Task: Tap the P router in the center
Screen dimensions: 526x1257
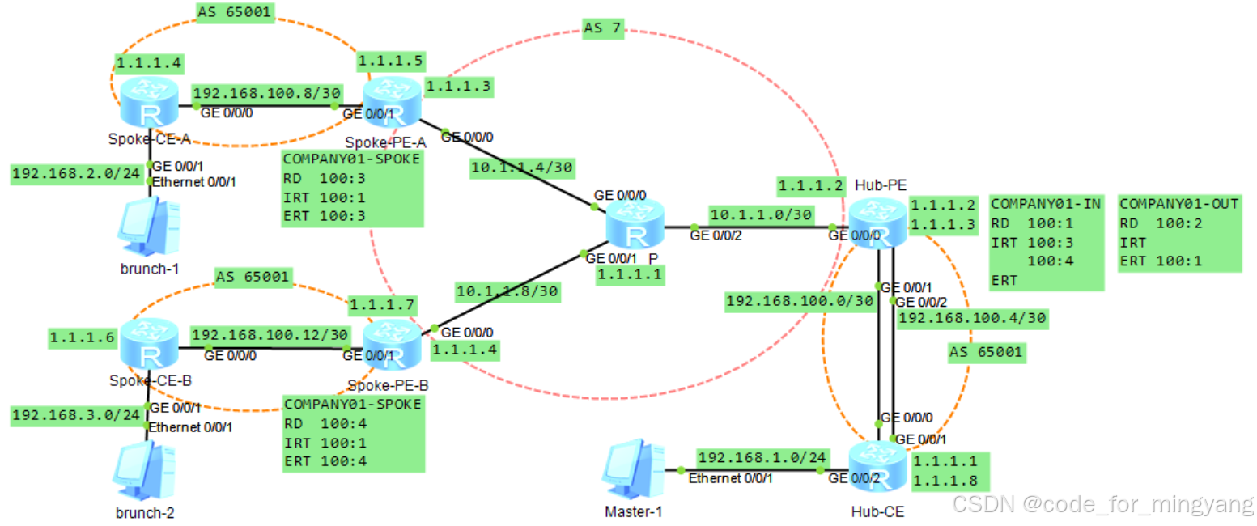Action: point(635,227)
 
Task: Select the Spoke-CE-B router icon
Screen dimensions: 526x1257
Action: point(148,346)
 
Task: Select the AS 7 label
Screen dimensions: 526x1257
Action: point(602,28)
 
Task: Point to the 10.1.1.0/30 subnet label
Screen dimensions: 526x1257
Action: point(761,215)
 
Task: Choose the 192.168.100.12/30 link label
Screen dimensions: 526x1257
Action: point(270,334)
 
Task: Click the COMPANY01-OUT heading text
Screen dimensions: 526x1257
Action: point(1179,204)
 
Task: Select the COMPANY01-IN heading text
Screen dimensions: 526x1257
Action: point(1045,204)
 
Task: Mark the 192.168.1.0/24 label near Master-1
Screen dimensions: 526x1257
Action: point(762,456)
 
